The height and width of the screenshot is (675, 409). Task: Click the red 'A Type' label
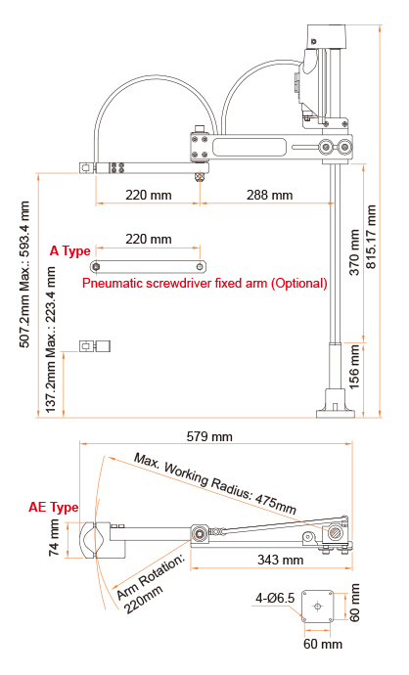[70, 251]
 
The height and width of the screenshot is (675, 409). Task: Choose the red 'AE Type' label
[53, 508]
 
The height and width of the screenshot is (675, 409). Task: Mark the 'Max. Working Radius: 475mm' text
[215, 483]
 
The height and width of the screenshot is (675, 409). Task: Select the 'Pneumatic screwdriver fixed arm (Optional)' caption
[204, 284]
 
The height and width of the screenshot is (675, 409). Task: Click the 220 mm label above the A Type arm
[149, 239]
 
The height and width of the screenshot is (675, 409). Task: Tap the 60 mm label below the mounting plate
[318, 645]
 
